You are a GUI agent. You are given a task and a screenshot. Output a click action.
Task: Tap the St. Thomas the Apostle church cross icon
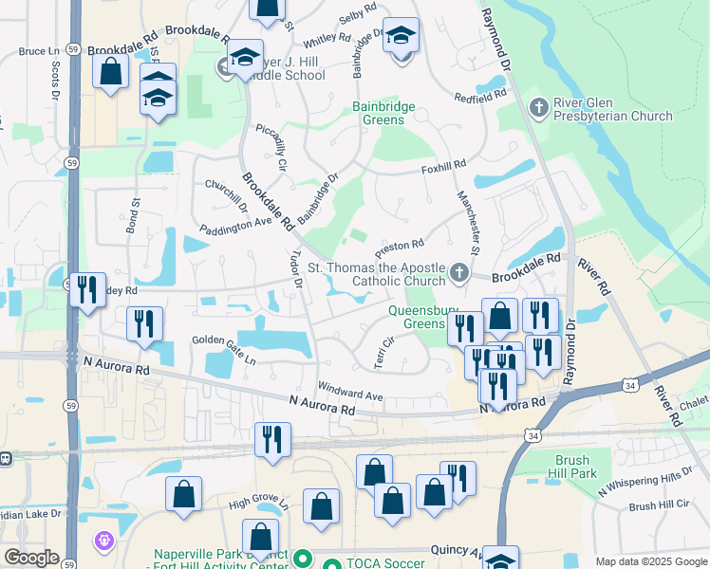[459, 274]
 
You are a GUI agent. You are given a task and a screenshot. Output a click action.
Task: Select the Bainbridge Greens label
[384, 114]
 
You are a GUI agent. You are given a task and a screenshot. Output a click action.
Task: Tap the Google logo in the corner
[31, 558]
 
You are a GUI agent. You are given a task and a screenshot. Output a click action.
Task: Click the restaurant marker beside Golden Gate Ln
[145, 323]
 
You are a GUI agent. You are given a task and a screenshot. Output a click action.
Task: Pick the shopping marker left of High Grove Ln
[183, 493]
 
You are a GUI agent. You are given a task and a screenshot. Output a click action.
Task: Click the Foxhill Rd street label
[444, 165]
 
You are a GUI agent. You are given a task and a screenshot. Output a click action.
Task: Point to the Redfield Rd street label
[480, 97]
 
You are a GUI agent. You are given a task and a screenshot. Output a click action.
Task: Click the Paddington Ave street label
[235, 229]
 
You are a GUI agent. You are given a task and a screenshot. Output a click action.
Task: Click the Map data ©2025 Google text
[650, 561]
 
